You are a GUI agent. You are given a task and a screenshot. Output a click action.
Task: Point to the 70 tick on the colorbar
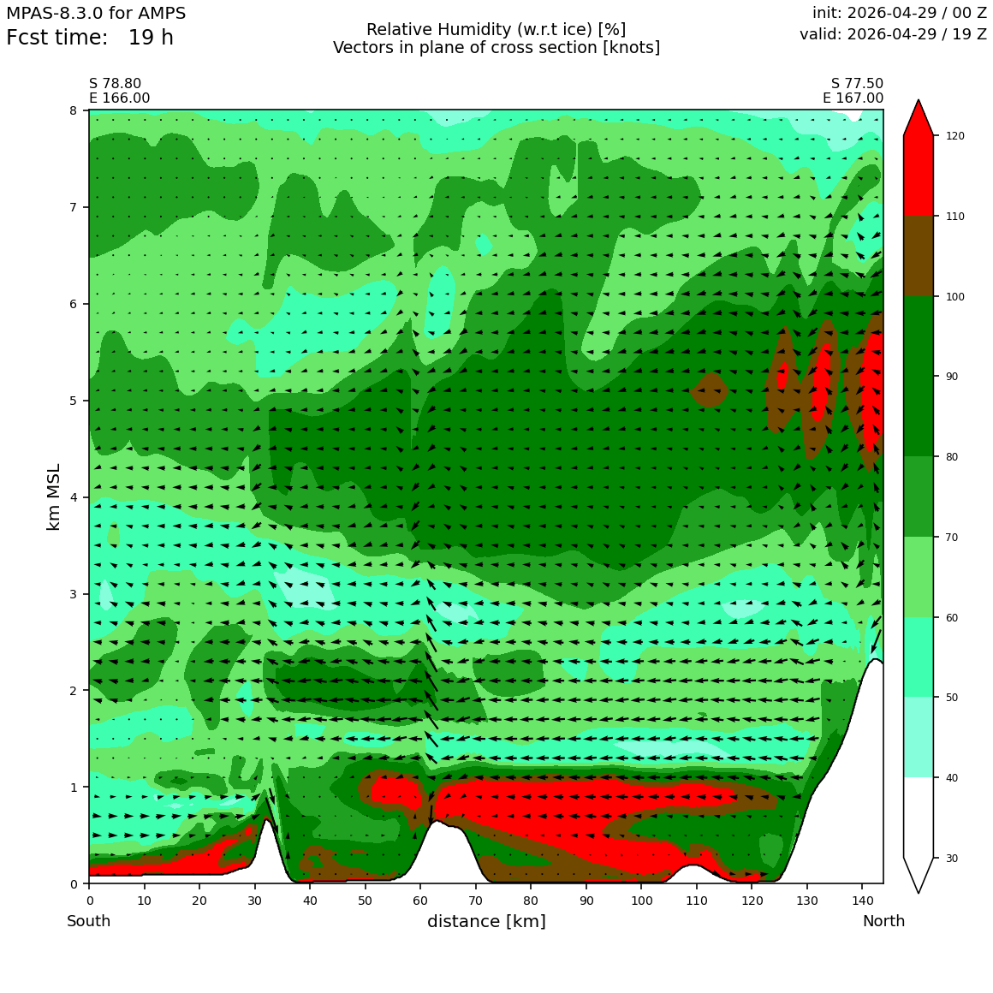click(x=936, y=537)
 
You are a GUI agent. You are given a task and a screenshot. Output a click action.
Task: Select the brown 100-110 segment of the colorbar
click(x=919, y=257)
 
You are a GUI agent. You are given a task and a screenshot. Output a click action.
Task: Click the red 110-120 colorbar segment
click(x=919, y=175)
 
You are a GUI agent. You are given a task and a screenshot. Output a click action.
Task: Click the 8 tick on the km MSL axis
click(x=86, y=110)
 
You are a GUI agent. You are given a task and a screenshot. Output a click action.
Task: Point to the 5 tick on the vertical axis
click(x=86, y=401)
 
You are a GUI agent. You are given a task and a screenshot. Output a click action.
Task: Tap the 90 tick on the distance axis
click(x=586, y=886)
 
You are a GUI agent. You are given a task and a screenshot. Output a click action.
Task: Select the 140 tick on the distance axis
click(x=862, y=886)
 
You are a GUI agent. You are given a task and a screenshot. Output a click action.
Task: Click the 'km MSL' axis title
click(x=54, y=497)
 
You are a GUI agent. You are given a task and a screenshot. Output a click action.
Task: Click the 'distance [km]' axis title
click(x=486, y=921)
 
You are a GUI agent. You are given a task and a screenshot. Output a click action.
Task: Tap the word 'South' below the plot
click(x=89, y=921)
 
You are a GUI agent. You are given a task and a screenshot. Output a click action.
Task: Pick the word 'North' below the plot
click(x=883, y=921)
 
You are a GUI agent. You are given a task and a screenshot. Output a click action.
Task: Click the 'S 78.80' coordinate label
click(x=116, y=84)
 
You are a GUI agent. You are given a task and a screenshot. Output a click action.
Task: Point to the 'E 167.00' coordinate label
click(x=853, y=98)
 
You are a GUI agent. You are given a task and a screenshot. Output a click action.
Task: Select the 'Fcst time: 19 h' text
click(x=90, y=38)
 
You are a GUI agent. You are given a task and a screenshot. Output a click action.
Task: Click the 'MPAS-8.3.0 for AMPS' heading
click(x=96, y=14)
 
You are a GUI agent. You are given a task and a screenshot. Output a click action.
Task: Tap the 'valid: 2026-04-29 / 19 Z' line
click(x=893, y=34)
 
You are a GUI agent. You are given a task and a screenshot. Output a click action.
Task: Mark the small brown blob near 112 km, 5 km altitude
click(x=709, y=389)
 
